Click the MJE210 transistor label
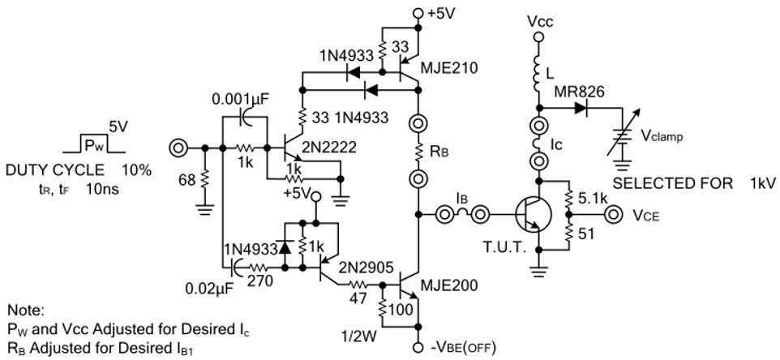449,69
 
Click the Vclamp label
662,137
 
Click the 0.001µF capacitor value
241,101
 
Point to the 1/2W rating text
358,332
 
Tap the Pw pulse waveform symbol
94,147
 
